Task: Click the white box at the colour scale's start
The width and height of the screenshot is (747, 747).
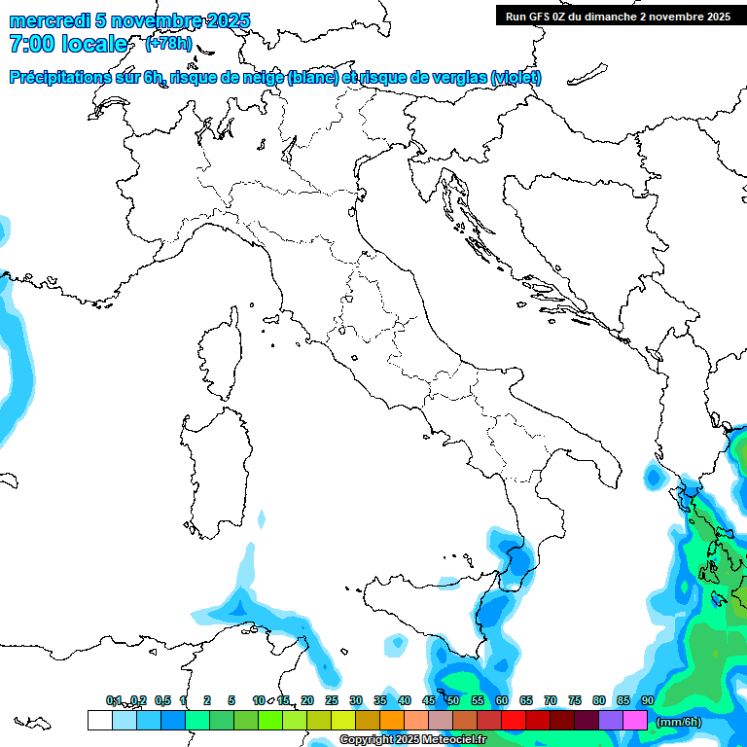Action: coord(99,720)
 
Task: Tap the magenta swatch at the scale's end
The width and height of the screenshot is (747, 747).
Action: coord(635,720)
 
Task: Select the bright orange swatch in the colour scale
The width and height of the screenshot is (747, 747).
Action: coord(392,720)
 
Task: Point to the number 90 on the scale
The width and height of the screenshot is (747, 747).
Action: coord(647,700)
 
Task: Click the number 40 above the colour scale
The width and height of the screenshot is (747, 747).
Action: coord(404,700)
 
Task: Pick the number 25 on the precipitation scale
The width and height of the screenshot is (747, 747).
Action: coord(332,700)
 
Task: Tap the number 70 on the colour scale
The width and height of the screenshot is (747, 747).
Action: coord(551,700)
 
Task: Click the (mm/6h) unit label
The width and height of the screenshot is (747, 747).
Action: coord(679,722)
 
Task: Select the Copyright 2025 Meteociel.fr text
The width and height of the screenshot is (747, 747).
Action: coord(412,740)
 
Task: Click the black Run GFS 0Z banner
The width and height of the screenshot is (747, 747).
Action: coord(618,16)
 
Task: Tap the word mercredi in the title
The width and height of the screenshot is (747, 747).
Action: coord(49,20)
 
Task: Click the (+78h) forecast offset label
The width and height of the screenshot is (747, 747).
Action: coord(168,44)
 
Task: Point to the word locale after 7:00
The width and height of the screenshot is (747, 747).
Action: coord(94,44)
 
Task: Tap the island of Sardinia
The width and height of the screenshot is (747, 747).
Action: coord(214,467)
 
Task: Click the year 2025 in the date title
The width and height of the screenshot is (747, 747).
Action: coord(222,20)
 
